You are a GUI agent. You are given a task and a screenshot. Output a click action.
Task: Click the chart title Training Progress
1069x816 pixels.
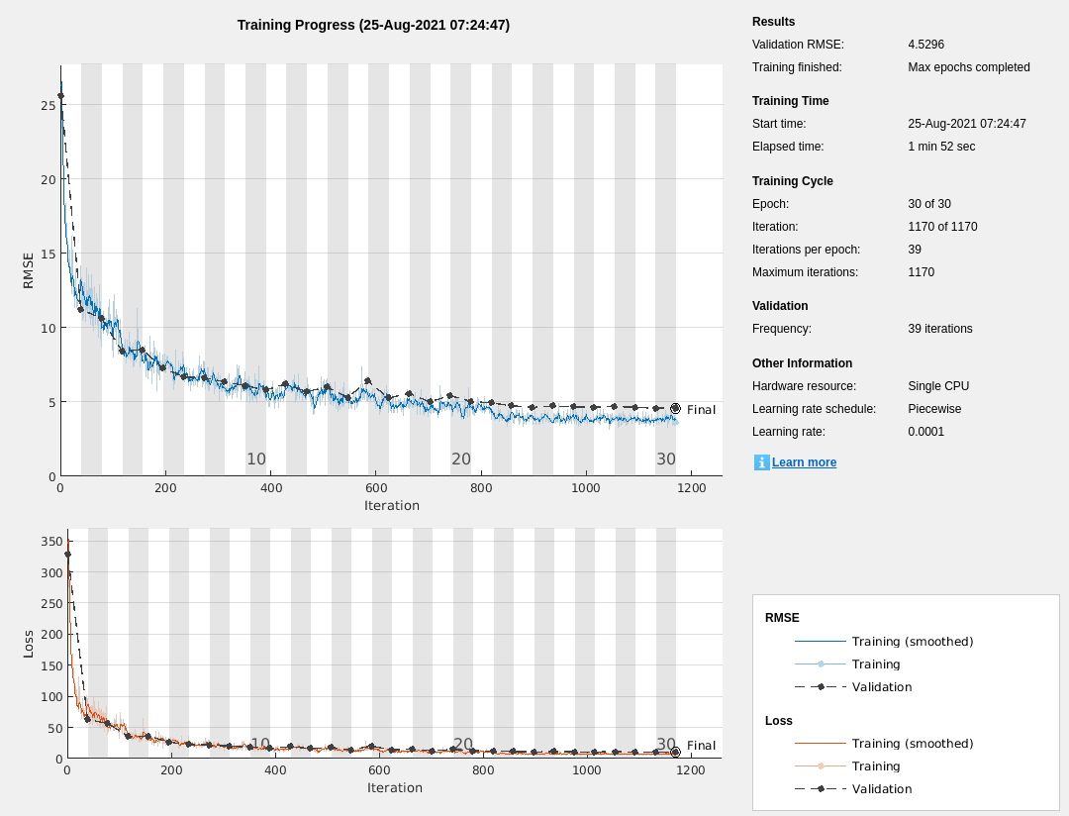pyautogui.click(x=373, y=25)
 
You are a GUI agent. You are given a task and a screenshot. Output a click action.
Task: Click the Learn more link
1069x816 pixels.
pyautogui.click(x=804, y=462)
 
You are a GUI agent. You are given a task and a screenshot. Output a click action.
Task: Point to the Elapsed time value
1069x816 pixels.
pyautogui.click(x=941, y=147)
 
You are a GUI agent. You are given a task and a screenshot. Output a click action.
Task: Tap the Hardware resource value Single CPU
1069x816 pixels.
pyautogui.click(x=938, y=386)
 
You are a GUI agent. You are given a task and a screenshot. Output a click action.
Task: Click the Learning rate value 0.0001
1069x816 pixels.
pyautogui.click(x=925, y=432)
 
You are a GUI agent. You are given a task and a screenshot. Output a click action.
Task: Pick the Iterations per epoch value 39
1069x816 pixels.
pyautogui.click(x=915, y=250)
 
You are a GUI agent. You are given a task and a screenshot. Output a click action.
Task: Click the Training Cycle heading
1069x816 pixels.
pyautogui.click(x=792, y=181)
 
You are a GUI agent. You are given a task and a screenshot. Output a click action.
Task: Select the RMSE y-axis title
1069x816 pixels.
pyautogui.click(x=28, y=270)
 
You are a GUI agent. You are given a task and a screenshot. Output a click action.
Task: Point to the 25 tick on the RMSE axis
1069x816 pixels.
pyautogui.click(x=48, y=105)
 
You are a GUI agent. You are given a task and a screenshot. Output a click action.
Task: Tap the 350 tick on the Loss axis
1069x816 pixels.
pyautogui.click(x=51, y=542)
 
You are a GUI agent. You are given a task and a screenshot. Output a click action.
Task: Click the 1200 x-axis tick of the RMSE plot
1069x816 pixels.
pyautogui.click(x=691, y=488)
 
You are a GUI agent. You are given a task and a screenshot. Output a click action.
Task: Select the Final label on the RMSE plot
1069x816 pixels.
pyautogui.click(x=701, y=410)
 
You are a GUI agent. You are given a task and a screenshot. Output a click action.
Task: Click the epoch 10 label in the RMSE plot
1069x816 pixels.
pyautogui.click(x=256, y=459)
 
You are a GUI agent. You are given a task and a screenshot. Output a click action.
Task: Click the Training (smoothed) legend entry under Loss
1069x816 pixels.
pyautogui.click(x=912, y=744)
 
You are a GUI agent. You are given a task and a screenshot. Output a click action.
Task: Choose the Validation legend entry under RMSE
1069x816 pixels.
pyautogui.click(x=881, y=687)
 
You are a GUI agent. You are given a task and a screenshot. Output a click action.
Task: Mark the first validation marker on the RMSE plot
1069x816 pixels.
pyautogui.click(x=60, y=96)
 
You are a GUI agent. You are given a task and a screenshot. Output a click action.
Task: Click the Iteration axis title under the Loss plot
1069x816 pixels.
pyautogui.click(x=394, y=788)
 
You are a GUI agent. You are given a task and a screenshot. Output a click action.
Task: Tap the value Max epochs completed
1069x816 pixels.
pyautogui.click(x=968, y=67)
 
